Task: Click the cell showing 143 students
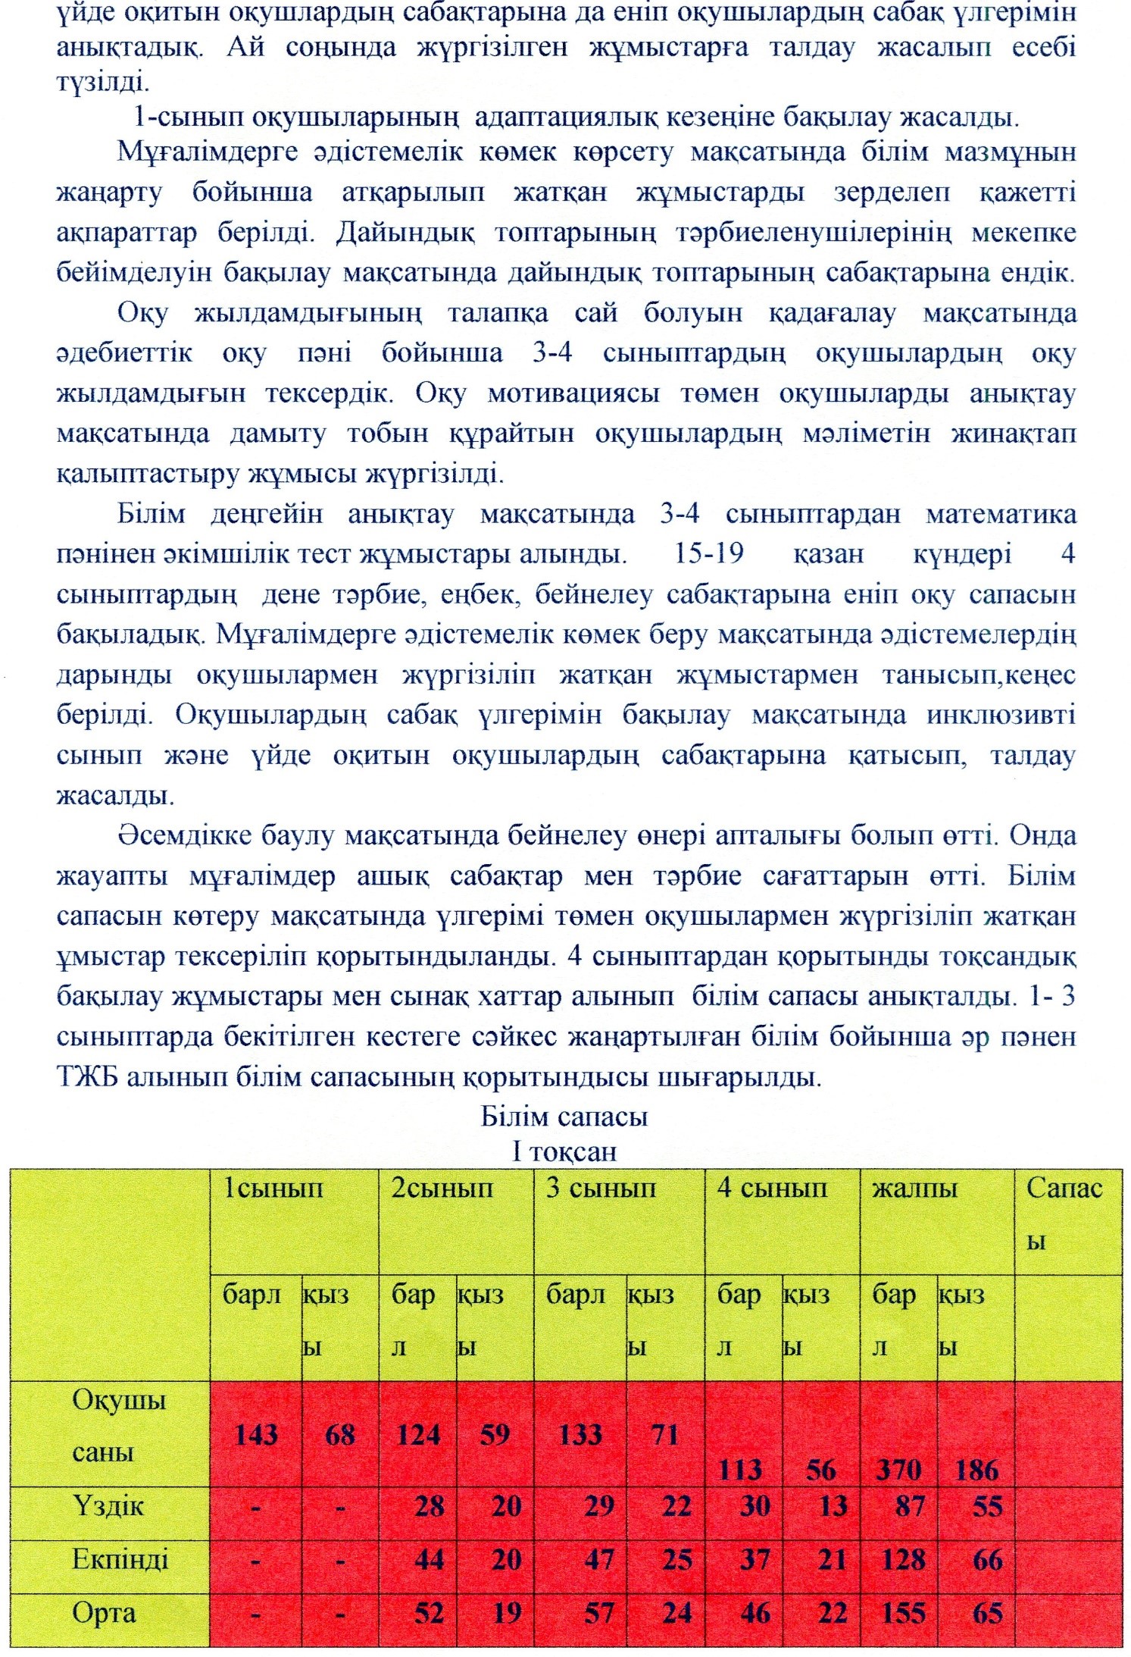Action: click(x=256, y=1435)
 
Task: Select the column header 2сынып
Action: click(x=442, y=1188)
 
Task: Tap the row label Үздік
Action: click(x=108, y=1505)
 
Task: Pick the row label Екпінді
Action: click(x=120, y=1559)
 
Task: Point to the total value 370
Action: click(x=898, y=1470)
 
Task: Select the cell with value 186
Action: click(x=976, y=1470)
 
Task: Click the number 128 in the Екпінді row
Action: click(x=903, y=1559)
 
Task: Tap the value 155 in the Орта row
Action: click(x=903, y=1612)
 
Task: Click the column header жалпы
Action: click(x=914, y=1188)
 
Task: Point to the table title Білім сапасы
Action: click(x=564, y=1117)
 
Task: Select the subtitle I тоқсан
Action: click(x=564, y=1151)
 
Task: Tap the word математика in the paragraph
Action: click(x=1000, y=514)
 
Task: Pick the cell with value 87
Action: click(x=909, y=1505)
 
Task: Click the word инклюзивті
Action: click(x=1001, y=715)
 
